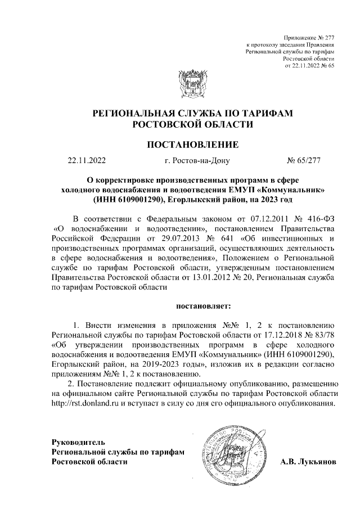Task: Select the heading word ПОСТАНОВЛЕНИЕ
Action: point(193,145)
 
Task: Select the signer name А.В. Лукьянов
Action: point(308,462)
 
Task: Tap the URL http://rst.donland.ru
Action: point(86,403)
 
